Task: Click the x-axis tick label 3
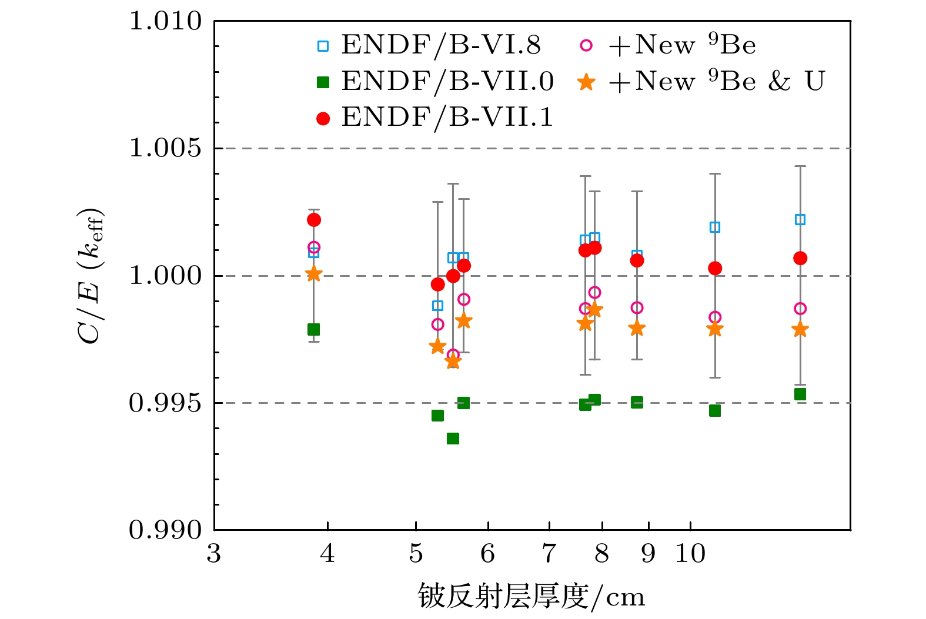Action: point(214,554)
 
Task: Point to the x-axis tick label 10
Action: point(690,554)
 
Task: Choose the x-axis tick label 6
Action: point(487,554)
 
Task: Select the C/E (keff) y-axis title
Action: point(91,275)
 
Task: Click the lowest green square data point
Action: point(453,439)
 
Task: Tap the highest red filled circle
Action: point(314,220)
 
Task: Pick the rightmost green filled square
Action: point(800,394)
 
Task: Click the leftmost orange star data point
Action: point(314,274)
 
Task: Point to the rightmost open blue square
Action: point(800,220)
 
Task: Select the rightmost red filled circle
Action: point(800,258)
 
